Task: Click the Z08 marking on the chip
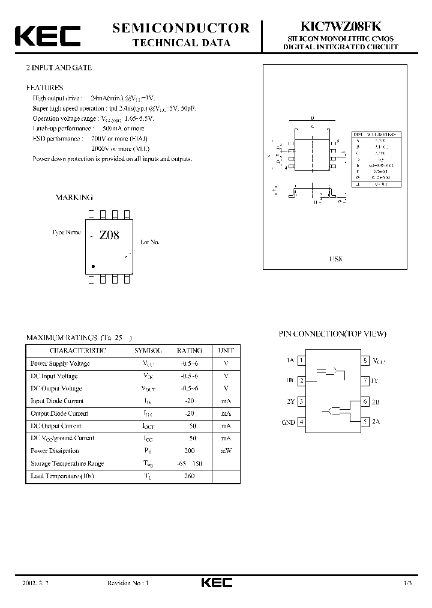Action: tap(109, 236)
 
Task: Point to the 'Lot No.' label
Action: tap(150, 242)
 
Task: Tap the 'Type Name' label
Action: tap(66, 232)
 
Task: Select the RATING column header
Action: tap(189, 350)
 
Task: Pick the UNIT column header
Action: tap(226, 350)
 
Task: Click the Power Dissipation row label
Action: tap(55, 451)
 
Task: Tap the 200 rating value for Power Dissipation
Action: tap(190, 451)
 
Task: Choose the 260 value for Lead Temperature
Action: tap(190, 476)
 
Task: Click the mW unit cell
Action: tap(226, 451)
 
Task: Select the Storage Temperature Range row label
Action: tap(67, 463)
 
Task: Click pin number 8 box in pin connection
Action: tap(365, 360)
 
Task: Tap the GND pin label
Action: tap(288, 422)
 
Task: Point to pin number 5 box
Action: tap(365, 422)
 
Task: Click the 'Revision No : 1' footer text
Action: tap(127, 583)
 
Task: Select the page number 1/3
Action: tap(408, 583)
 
